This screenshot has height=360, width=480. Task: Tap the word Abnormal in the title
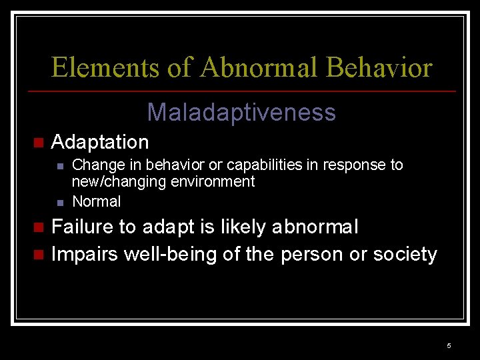coord(259,68)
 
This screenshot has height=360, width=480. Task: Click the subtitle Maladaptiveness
coord(241,112)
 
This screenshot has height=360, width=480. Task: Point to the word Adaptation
coord(100,142)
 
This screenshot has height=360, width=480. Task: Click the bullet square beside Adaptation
coord(38,143)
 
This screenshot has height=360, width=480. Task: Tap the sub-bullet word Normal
coord(96,201)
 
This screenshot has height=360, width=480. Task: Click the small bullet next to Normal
coord(60,202)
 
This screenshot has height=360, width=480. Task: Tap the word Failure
coord(83,227)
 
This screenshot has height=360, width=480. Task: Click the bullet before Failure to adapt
coord(38,228)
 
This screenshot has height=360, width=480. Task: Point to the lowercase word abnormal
coord(315,227)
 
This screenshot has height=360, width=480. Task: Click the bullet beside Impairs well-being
coord(38,255)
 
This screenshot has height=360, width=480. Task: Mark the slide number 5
coord(449,345)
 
